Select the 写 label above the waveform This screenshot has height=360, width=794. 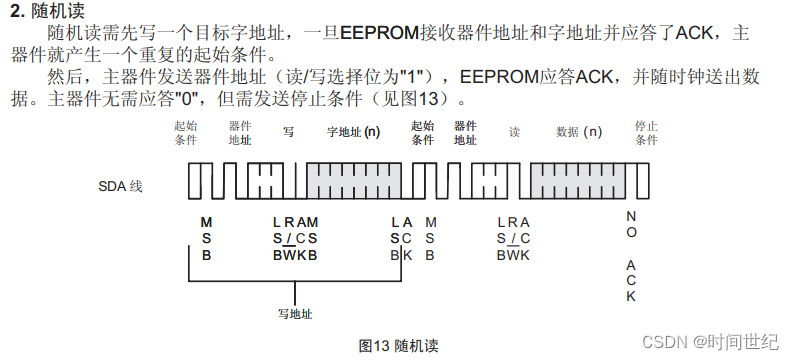[x=288, y=131]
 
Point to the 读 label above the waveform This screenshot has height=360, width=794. [x=514, y=131]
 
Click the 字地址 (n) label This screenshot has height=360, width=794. [x=353, y=131]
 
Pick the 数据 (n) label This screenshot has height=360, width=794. [x=579, y=131]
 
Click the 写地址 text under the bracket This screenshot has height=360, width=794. [x=295, y=313]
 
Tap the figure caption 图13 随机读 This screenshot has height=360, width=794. [x=398, y=345]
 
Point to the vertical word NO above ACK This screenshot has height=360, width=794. [x=631, y=223]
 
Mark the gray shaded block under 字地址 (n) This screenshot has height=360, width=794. [x=354, y=182]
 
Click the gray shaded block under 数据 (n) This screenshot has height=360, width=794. [x=579, y=182]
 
